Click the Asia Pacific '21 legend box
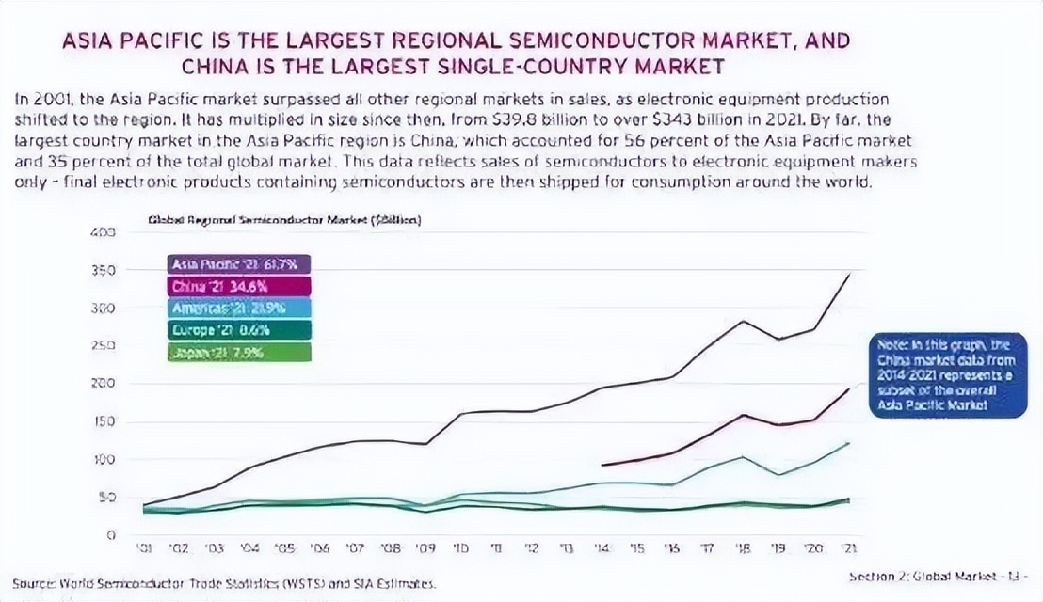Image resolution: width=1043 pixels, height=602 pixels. (239, 265)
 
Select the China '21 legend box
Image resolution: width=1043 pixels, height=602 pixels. (239, 286)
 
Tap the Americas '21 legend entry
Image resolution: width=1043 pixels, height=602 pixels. (239, 308)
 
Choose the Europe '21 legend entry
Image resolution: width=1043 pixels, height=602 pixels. (239, 329)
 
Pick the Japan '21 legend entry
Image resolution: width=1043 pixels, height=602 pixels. (239, 353)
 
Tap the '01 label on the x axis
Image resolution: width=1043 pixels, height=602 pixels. (147, 547)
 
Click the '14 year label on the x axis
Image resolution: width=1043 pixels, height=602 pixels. (603, 547)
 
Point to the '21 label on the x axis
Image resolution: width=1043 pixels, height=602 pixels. (849, 547)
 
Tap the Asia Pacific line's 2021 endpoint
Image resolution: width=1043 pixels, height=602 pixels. (849, 275)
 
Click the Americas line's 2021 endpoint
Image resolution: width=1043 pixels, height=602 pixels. (849, 443)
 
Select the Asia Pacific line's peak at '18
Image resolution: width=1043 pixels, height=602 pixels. (744, 322)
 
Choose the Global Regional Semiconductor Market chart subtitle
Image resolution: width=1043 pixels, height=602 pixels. (284, 220)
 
